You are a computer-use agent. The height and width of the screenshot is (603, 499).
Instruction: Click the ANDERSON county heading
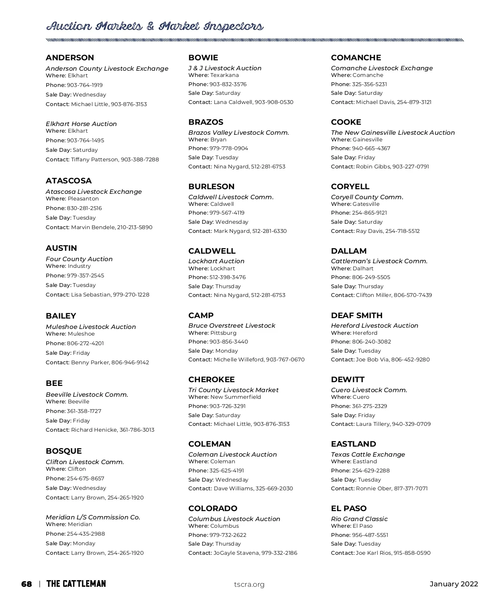(x=70, y=58)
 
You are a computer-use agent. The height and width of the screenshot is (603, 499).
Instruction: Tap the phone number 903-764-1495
(x=86, y=141)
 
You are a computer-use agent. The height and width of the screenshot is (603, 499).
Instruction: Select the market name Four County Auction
(x=79, y=259)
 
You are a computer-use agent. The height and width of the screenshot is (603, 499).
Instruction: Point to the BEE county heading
(x=54, y=383)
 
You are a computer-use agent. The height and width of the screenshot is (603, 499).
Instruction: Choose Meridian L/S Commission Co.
(x=93, y=517)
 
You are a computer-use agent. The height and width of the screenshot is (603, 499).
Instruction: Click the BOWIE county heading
(x=203, y=58)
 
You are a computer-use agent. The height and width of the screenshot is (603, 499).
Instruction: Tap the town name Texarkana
(x=225, y=75)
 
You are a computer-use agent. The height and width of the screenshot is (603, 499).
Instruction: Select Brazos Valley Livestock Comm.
(x=238, y=133)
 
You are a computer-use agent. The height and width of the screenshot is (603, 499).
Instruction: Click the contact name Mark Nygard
(x=231, y=231)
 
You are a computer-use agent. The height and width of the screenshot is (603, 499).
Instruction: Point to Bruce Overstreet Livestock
(x=232, y=326)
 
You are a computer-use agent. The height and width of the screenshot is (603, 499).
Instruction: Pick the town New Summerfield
(x=236, y=397)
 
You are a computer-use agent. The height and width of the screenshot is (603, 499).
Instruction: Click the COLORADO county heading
(x=212, y=509)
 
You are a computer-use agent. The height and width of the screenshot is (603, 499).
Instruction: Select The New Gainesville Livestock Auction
(x=393, y=133)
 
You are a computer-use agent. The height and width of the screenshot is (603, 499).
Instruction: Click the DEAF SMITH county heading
(x=356, y=316)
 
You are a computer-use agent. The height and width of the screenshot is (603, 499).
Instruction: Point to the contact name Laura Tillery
(x=372, y=424)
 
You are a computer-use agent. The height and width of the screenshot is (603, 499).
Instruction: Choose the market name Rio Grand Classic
(x=359, y=519)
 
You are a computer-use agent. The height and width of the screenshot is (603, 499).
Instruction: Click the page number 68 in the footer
(x=26, y=584)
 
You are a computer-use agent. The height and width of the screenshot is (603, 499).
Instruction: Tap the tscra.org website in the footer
(x=249, y=585)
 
